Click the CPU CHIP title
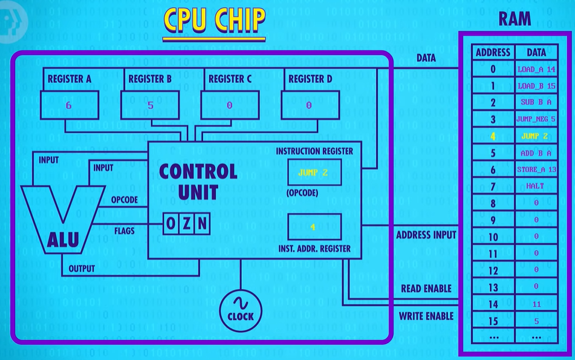(215, 20)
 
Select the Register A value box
(70, 105)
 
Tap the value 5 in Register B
(151, 105)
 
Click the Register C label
(230, 79)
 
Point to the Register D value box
(310, 105)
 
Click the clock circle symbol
(241, 311)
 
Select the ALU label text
(63, 240)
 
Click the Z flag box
(187, 223)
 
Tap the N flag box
(202, 223)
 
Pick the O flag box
(171, 223)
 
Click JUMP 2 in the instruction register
(313, 172)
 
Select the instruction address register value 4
(313, 227)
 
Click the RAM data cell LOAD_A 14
(536, 69)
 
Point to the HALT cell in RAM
(535, 186)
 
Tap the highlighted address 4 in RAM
(493, 137)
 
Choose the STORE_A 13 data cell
(536, 169)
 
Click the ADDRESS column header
(493, 53)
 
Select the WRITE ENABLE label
(426, 316)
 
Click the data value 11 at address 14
(536, 304)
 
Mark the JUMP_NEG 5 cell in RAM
(536, 119)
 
